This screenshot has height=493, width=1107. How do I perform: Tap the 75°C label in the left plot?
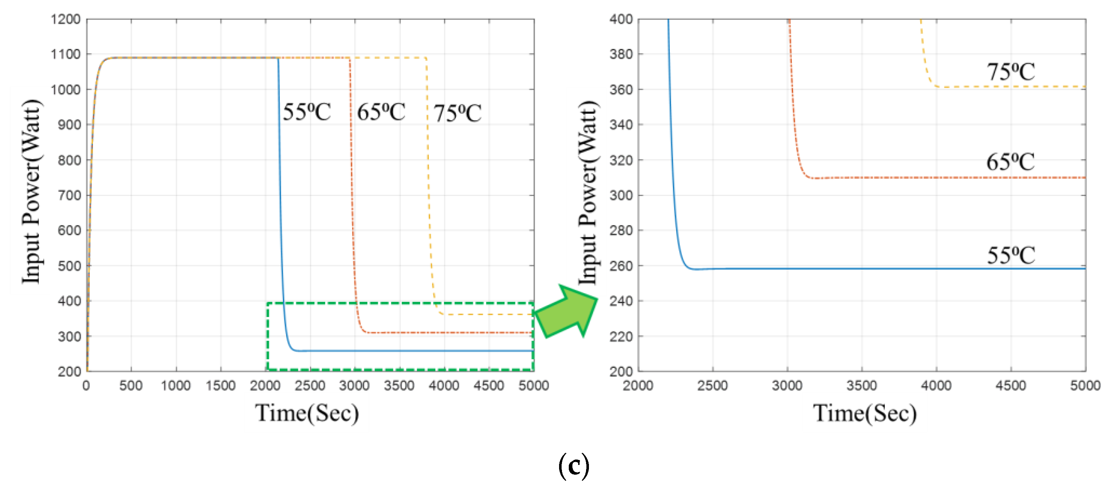pyautogui.click(x=457, y=113)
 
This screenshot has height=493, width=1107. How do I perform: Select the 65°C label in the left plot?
pyautogui.click(x=381, y=112)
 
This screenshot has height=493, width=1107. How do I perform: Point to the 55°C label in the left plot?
pyautogui.click(x=307, y=112)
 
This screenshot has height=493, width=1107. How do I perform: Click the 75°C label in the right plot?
pyautogui.click(x=1010, y=72)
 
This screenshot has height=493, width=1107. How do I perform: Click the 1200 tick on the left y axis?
pyautogui.click(x=65, y=19)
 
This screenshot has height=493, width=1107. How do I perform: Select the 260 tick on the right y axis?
pyautogui.click(x=621, y=266)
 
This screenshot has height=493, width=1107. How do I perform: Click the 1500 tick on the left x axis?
pyautogui.click(x=221, y=385)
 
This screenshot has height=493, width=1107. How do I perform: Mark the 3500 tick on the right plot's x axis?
pyautogui.click(x=862, y=385)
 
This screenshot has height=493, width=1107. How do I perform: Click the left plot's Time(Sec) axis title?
pyautogui.click(x=307, y=413)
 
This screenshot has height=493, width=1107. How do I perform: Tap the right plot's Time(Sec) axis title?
pyautogui.click(x=865, y=413)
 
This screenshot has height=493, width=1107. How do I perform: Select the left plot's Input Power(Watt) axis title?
pyautogui.click(x=31, y=191)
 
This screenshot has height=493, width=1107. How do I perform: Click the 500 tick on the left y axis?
pyautogui.click(x=69, y=266)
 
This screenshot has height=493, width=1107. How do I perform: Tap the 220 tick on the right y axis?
pyautogui.click(x=621, y=336)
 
